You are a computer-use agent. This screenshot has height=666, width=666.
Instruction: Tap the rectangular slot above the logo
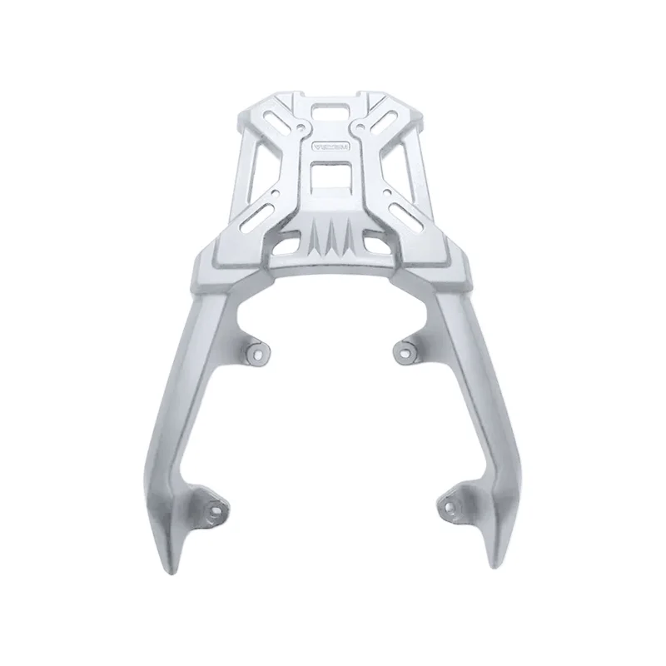[x=332, y=110]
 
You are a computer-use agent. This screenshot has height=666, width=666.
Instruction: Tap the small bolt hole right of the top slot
[x=366, y=130]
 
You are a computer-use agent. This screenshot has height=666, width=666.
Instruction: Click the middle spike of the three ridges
[x=333, y=237]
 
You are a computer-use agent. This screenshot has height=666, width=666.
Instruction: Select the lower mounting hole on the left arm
[x=217, y=506]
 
